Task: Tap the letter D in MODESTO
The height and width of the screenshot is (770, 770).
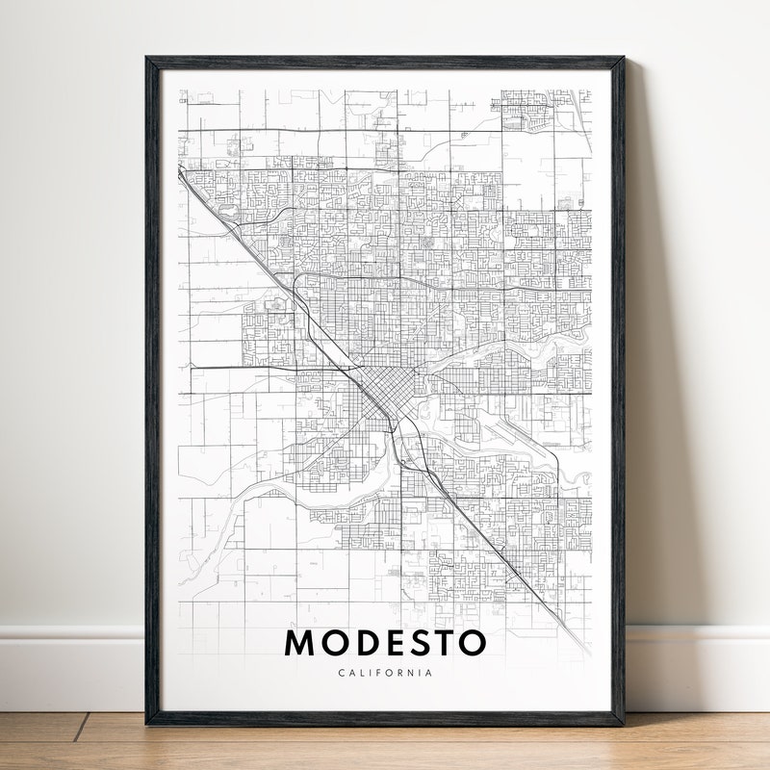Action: click(x=364, y=643)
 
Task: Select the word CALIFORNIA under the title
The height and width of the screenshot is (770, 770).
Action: click(x=385, y=673)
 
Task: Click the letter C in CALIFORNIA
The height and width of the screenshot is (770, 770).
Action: click(x=341, y=673)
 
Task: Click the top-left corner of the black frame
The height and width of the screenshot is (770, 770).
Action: click(x=147, y=59)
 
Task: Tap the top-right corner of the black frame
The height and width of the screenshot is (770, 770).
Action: click(x=623, y=59)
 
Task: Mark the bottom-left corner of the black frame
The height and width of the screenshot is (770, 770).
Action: click(x=147, y=723)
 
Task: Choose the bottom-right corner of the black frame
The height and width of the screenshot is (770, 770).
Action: click(x=623, y=723)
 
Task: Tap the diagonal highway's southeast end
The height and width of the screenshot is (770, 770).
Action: click(x=583, y=651)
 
